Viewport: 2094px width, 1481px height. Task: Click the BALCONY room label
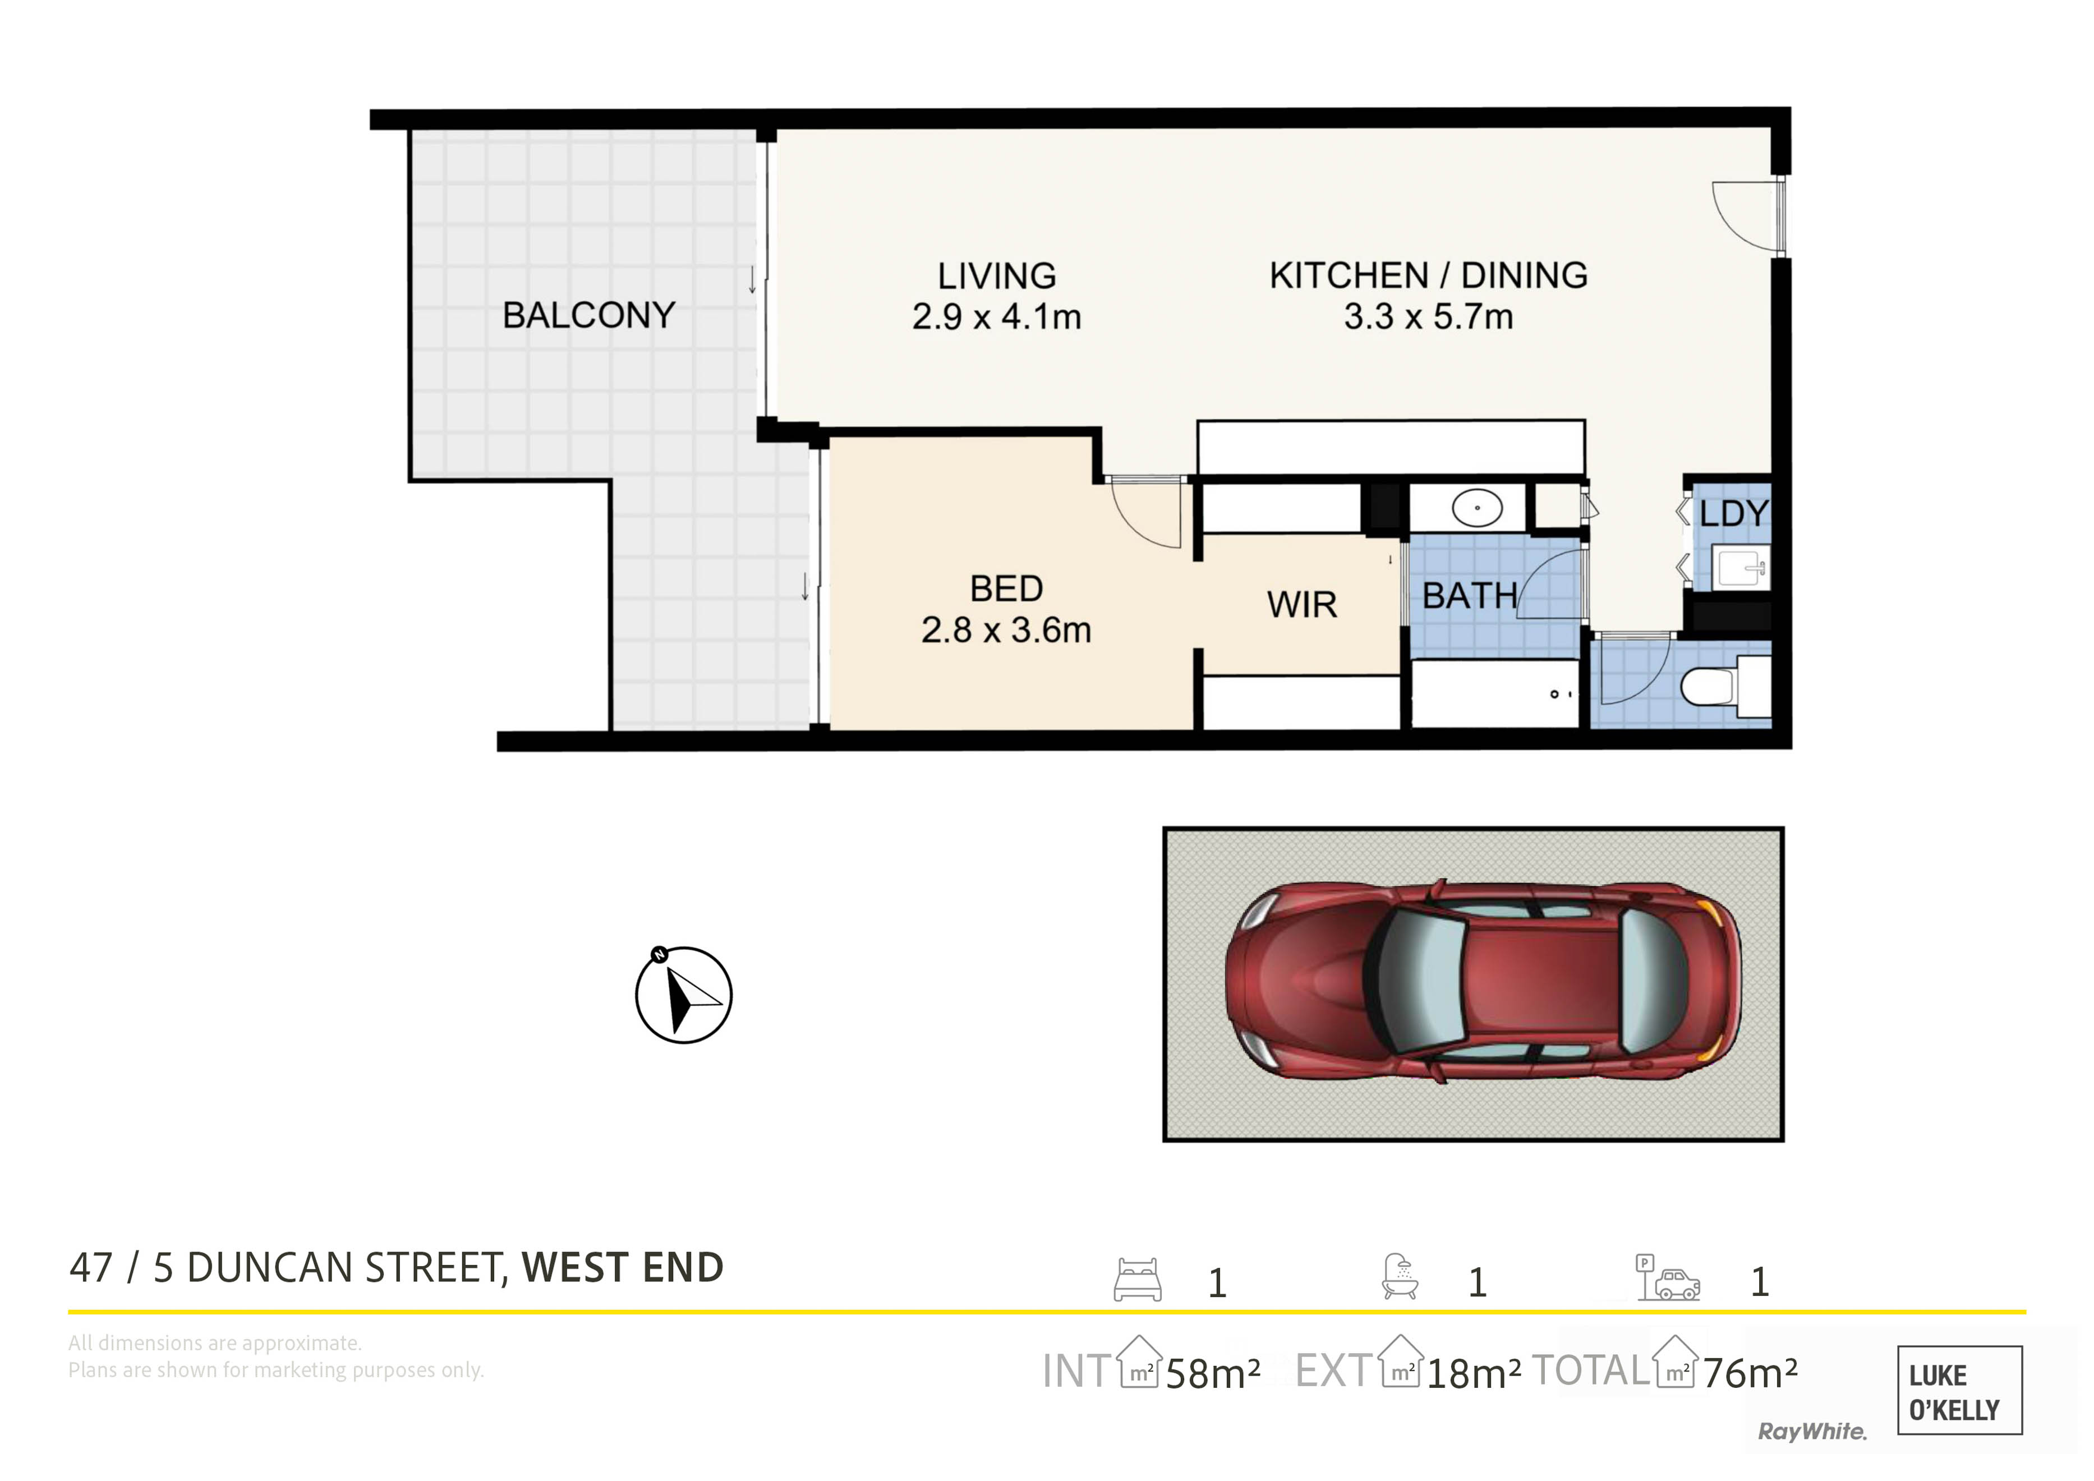coord(588,315)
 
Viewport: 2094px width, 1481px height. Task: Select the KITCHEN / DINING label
coord(1428,274)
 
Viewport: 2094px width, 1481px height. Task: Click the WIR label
coord(1301,605)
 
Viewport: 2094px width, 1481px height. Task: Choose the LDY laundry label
coord(1733,513)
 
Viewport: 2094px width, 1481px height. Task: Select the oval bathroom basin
coord(1476,508)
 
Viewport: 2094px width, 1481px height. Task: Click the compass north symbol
coord(683,994)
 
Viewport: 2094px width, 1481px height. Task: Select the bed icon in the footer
coord(1137,1280)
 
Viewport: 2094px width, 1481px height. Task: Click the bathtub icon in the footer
coord(1400,1277)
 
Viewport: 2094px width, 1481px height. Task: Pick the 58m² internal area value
coord(1213,1373)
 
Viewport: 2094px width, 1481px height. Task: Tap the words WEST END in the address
coord(623,1268)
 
